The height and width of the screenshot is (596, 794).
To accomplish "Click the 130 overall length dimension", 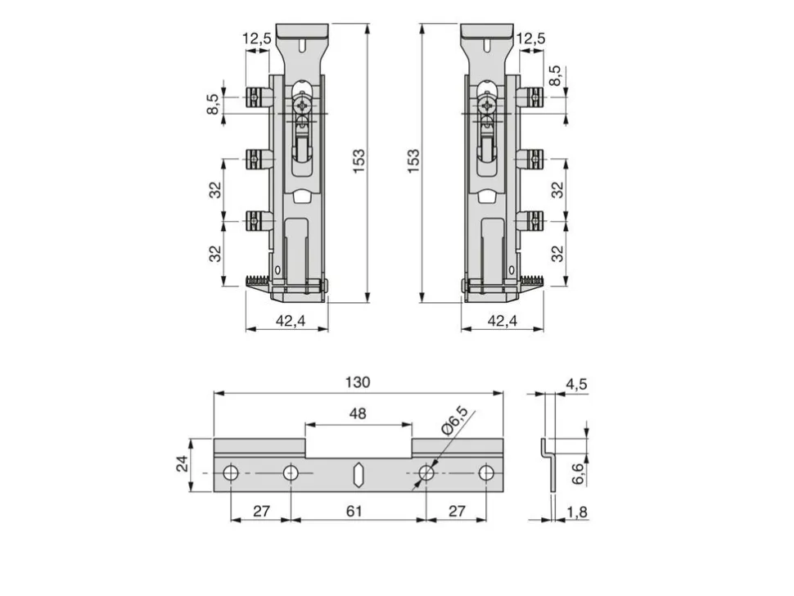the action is pyautogui.click(x=358, y=382).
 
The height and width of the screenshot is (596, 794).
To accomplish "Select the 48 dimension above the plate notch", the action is pyautogui.click(x=358, y=413).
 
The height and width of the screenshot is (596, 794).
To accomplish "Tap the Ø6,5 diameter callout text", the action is pyautogui.click(x=454, y=420).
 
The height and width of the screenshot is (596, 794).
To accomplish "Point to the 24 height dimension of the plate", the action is pyautogui.click(x=182, y=464).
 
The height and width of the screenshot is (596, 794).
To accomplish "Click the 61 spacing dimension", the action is pyautogui.click(x=354, y=511).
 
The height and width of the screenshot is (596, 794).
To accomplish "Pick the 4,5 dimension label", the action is pyautogui.click(x=576, y=384).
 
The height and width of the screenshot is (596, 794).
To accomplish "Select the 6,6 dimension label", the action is pyautogui.click(x=577, y=473).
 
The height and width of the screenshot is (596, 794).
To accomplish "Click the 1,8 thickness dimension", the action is pyautogui.click(x=577, y=512).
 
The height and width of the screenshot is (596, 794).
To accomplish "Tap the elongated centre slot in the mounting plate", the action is pyautogui.click(x=358, y=474).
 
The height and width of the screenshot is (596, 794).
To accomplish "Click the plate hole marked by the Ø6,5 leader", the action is pyautogui.click(x=426, y=473).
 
